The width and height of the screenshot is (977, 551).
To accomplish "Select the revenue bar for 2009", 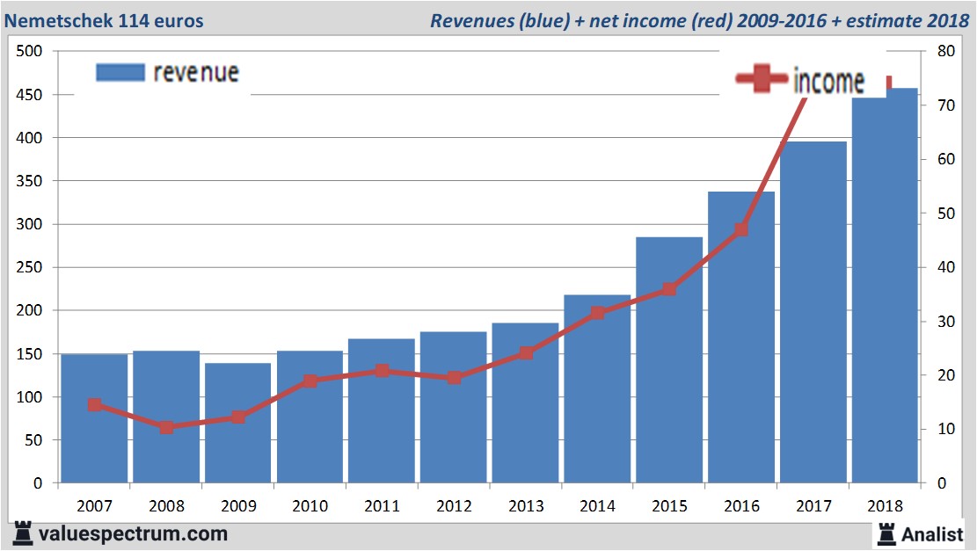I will [x=237, y=423].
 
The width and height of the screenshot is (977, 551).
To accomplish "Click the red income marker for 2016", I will [x=741, y=229].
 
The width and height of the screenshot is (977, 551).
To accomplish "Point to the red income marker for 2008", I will [x=166, y=427].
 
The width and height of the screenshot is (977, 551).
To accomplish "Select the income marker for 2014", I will [x=597, y=313].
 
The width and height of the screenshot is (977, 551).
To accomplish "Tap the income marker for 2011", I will [x=382, y=371].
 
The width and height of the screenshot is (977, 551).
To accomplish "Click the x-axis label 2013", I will [x=525, y=506].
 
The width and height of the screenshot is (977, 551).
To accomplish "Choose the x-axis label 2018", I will [x=886, y=506].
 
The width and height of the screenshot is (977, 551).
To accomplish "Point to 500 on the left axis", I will [x=31, y=51].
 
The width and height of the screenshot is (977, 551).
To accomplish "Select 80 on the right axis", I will [x=946, y=51].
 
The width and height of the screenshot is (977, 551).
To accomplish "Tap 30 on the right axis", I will [x=946, y=322].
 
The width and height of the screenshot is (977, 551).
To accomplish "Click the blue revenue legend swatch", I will [x=120, y=73].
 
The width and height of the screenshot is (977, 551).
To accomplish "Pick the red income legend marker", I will [x=762, y=80].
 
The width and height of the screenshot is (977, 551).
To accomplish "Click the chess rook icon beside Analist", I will [x=886, y=533].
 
